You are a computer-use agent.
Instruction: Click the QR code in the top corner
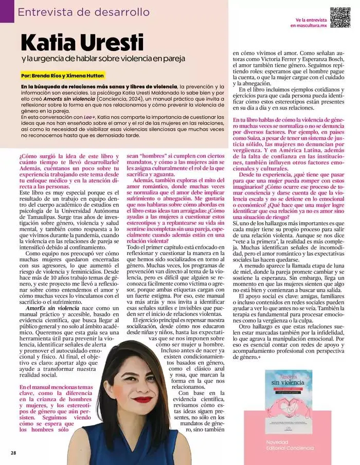pyautogui.click(x=340, y=17)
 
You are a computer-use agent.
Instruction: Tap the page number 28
pyautogui.click(x=13, y=453)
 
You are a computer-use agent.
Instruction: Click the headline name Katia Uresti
pyautogui.click(x=82, y=41)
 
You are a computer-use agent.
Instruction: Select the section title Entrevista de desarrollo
pyautogui.click(x=84, y=12)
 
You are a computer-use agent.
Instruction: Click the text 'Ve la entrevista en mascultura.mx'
pyautogui.click(x=308, y=22)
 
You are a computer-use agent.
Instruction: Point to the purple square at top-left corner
pyautogui.click(x=7, y=11)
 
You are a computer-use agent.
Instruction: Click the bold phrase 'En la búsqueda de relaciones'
pyautogui.click(x=98, y=86)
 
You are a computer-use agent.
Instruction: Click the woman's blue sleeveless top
pyautogui.click(x=129, y=448)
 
